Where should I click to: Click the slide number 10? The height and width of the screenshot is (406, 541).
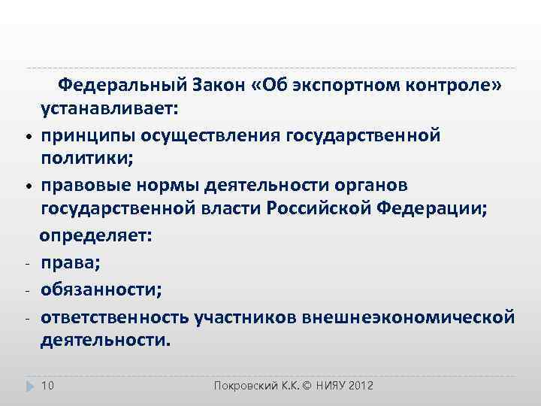coord(47,386)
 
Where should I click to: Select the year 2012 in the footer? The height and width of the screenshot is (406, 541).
coord(360,386)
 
